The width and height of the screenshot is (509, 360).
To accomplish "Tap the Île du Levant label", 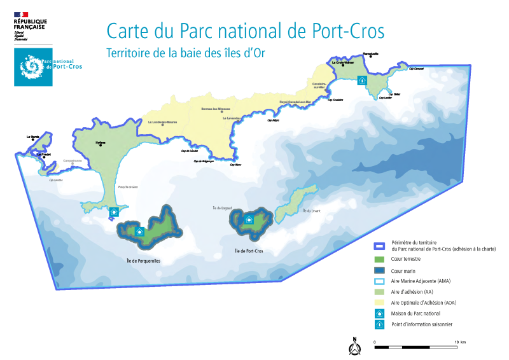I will pos(312,210).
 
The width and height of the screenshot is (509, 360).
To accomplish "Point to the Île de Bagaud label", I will pos(222,208).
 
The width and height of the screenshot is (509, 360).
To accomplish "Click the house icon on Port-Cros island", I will pos(249,219).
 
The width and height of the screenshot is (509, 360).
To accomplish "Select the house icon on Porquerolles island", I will pos(140,232).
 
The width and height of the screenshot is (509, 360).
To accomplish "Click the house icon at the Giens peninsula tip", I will pos(115,212).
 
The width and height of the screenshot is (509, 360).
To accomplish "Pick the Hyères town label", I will pos(100,143).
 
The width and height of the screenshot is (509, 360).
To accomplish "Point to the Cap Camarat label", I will pos(416,69).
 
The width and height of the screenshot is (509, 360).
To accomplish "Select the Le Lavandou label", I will pos(232,118).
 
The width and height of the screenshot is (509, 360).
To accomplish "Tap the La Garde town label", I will pos(32,137).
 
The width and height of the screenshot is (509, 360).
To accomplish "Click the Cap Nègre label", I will pos(273,120).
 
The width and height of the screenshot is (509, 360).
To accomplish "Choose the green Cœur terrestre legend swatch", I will pos(379,259).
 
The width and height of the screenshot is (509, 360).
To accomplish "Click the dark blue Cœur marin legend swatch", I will pos(379,270).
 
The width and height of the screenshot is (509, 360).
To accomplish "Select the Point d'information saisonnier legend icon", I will pos(379,324).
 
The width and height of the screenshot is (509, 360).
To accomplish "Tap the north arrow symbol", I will pos(354,345).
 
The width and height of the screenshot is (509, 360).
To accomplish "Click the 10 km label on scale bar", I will pos(460,342).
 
